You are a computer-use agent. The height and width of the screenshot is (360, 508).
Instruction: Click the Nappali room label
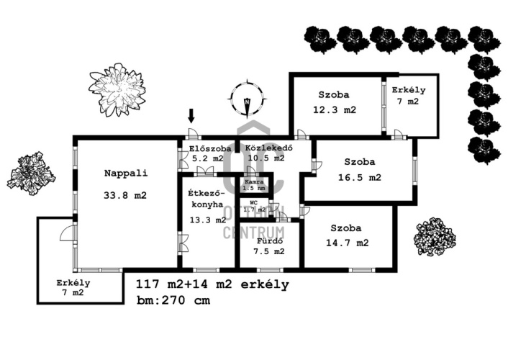coord(125,173)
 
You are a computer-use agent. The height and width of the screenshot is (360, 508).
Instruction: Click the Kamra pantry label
coord(254,182)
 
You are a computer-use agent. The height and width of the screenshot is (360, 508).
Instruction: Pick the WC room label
coord(253,203)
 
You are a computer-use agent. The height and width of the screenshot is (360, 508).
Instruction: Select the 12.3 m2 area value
coord(335,110)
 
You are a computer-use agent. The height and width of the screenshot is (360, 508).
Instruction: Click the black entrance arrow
coord(191,115)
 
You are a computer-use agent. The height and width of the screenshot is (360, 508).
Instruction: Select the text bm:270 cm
coord(173,301)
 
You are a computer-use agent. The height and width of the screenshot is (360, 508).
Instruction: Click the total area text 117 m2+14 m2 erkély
coord(212,284)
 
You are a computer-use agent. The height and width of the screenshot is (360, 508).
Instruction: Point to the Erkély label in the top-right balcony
coord(409,91)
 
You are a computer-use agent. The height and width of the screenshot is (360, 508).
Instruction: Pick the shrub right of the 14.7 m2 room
coord(435,237)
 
